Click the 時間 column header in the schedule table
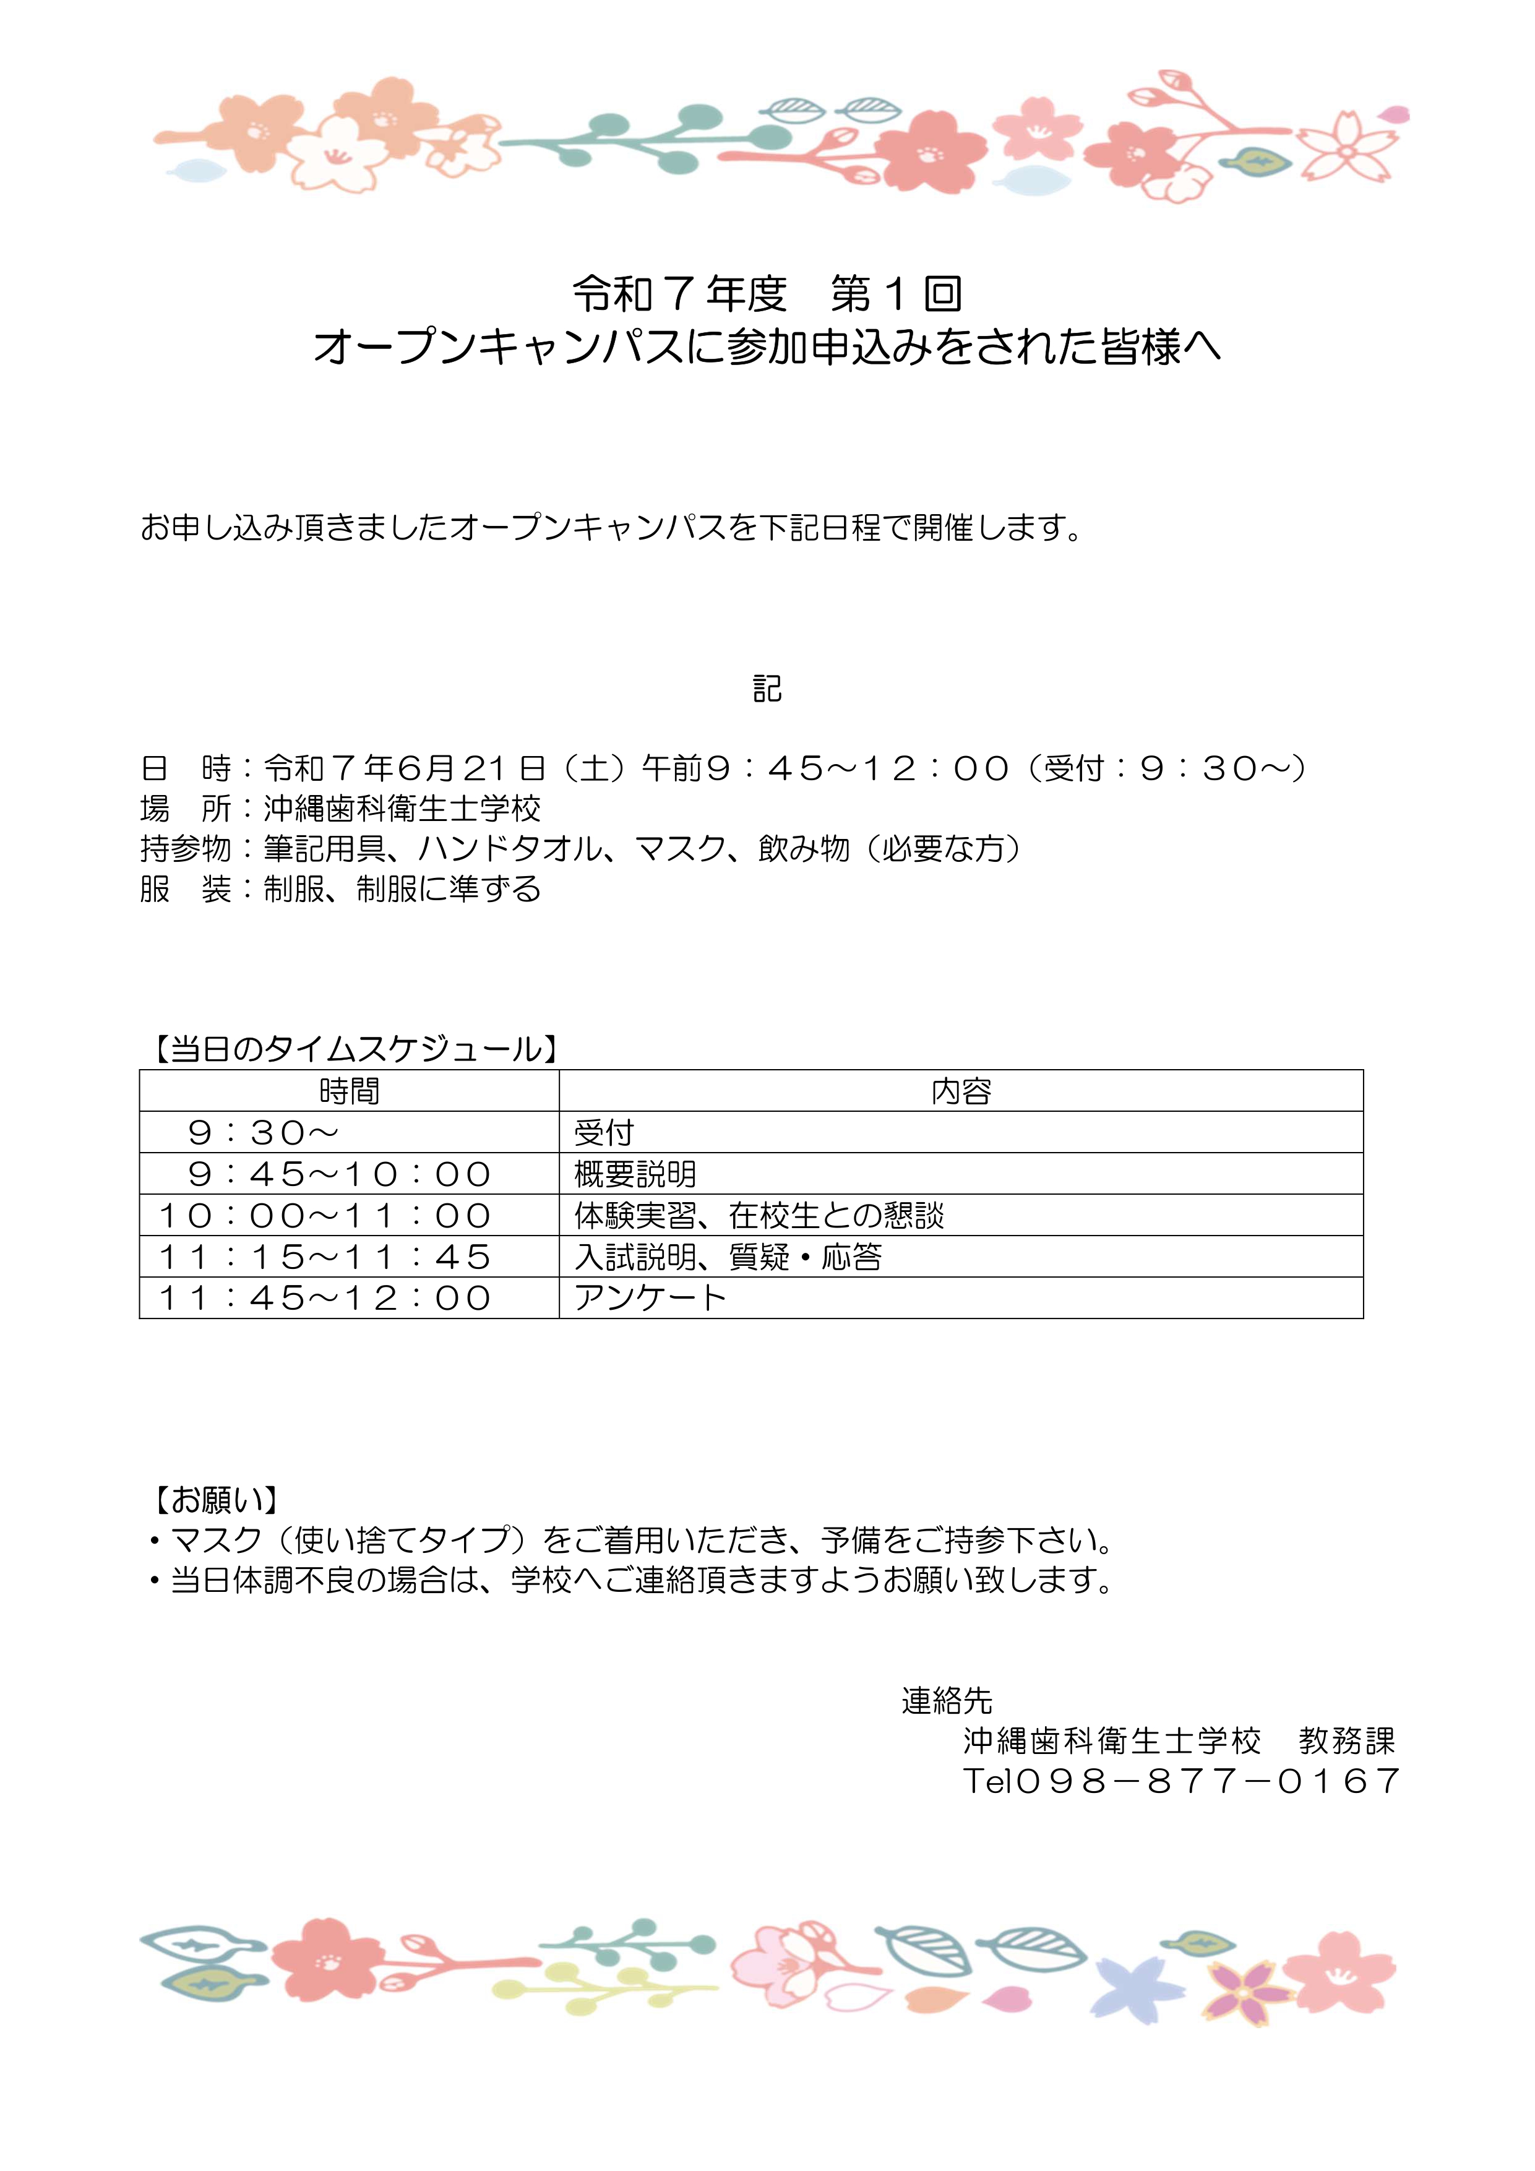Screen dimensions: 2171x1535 point(349,1091)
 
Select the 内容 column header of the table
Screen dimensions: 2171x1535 point(961,1091)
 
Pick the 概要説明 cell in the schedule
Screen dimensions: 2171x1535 point(635,1174)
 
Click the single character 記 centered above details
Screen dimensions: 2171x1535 point(767,689)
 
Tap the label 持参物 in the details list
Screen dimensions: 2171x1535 point(186,849)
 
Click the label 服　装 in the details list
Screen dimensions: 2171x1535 point(186,890)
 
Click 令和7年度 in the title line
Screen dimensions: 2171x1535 point(680,294)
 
